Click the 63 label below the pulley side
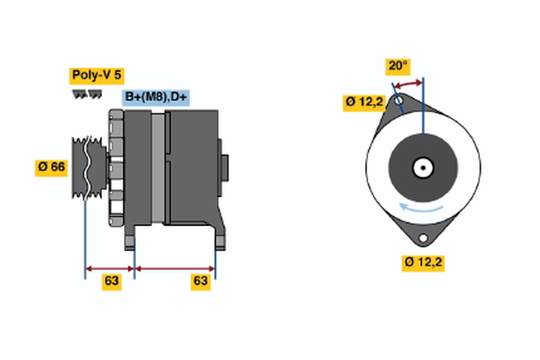click(x=111, y=281)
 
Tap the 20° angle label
click(x=397, y=66)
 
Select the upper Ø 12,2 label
click(x=365, y=102)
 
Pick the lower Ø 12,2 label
click(x=424, y=262)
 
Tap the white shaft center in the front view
click(x=421, y=167)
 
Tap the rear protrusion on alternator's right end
click(x=224, y=167)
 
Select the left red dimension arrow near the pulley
click(x=109, y=267)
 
